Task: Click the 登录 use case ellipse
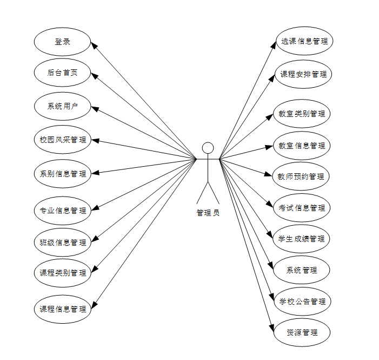point(62,41)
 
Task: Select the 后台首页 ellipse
point(62,73)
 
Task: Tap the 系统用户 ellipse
point(62,106)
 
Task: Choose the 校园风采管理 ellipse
point(62,140)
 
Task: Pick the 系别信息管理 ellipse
point(62,174)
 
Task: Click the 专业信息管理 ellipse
point(62,210)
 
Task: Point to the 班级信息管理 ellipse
point(62,242)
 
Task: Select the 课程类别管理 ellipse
point(62,273)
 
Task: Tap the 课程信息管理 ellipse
point(62,309)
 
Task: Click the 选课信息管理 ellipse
point(303,41)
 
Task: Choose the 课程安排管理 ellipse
point(303,74)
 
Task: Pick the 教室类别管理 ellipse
point(302,114)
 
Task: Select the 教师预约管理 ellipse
point(302,176)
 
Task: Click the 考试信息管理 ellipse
point(302,208)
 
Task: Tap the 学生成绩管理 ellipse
point(302,239)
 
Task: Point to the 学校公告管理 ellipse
point(302,302)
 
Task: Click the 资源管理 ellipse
point(302,332)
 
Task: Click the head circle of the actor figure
point(208,148)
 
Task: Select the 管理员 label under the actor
point(208,213)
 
